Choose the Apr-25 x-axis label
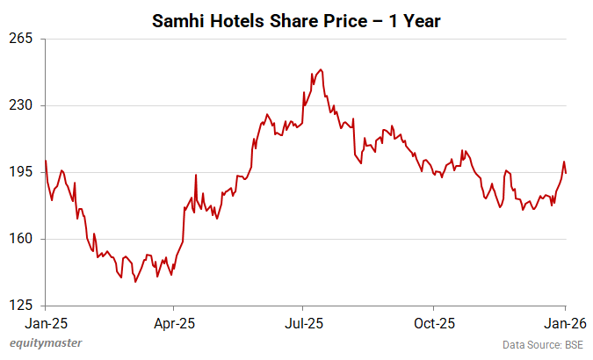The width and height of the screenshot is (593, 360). (174, 322)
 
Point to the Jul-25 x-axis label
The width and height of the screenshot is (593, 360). (303, 322)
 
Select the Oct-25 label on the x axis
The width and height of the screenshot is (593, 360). (434, 322)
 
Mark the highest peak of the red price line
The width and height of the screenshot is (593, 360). (321, 69)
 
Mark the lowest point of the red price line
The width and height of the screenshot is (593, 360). (135, 282)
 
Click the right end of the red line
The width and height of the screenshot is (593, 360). (566, 173)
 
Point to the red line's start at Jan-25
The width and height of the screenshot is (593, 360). (46, 161)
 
